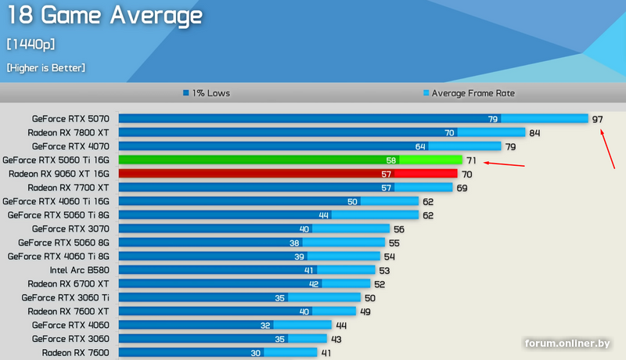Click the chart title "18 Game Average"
tap(104, 15)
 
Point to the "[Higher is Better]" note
tap(45, 68)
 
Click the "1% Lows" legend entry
tap(207, 93)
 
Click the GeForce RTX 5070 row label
tap(70, 119)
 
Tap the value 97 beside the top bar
tap(598, 119)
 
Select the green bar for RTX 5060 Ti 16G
tap(290, 160)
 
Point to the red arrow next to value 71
tap(505, 164)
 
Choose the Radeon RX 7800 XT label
tap(68, 132)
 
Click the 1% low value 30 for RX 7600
tap(255, 353)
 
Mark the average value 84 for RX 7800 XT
tap(535, 132)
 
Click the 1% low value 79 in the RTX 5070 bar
tap(493, 119)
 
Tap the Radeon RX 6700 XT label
tap(68, 283)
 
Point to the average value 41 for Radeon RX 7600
tap(327, 353)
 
